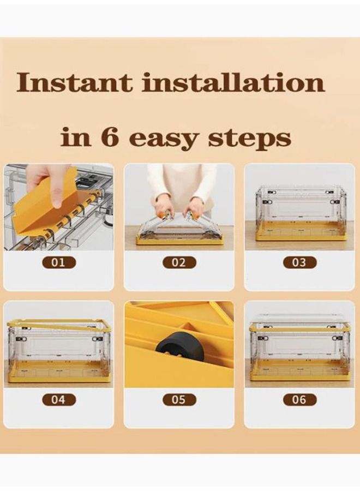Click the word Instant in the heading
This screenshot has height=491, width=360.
pyautogui.click(x=74, y=82)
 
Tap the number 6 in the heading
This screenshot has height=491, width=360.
pyautogui.click(x=110, y=136)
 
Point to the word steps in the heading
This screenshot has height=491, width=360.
pyautogui.click(x=249, y=139)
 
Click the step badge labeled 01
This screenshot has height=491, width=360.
pyautogui.click(x=58, y=262)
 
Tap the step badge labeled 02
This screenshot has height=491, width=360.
pyautogui.click(x=179, y=262)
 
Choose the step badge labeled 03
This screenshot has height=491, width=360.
pyautogui.click(x=299, y=262)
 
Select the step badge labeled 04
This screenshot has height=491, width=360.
pyautogui.click(x=58, y=399)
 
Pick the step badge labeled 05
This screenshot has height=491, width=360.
pyautogui.click(x=179, y=399)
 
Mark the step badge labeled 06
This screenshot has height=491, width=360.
pyautogui.click(x=299, y=399)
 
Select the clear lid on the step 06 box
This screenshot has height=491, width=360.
pyautogui.click(x=299, y=320)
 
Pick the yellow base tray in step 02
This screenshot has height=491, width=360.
pyautogui.click(x=179, y=240)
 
